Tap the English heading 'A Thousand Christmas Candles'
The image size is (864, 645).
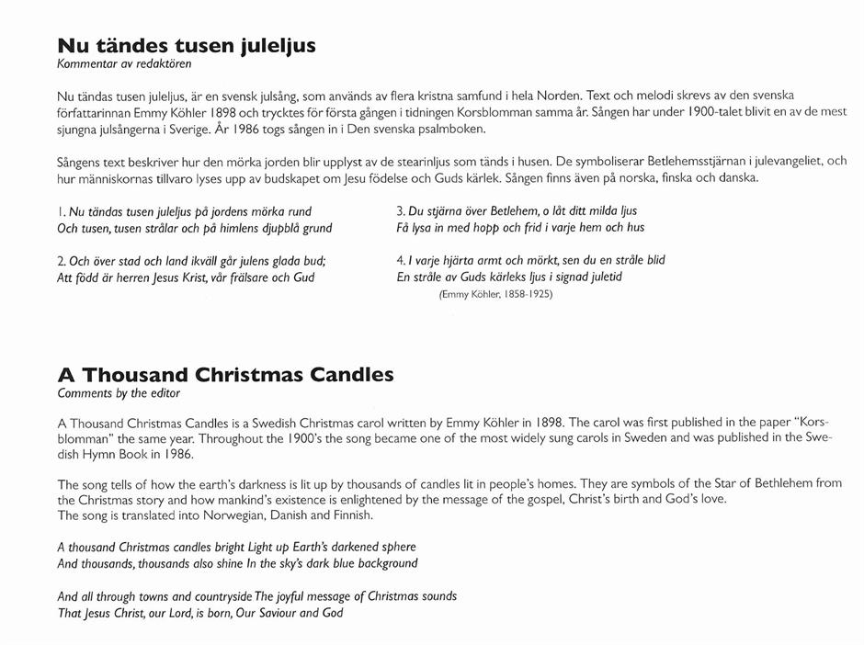(x=225, y=375)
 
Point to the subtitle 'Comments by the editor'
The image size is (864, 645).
(x=119, y=393)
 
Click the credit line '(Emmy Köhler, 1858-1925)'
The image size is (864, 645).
(x=497, y=295)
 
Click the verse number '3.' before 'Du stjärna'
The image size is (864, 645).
(x=402, y=211)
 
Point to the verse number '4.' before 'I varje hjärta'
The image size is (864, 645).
(x=402, y=261)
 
